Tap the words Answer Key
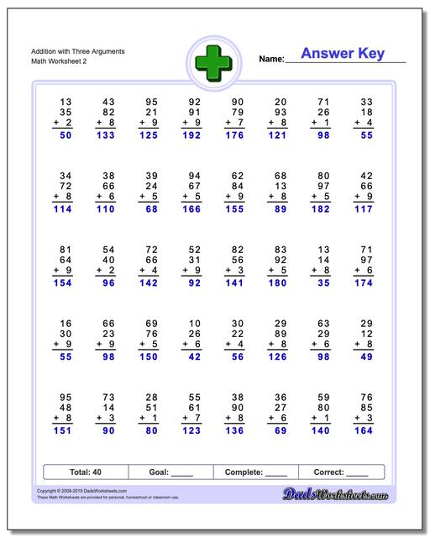pos(342,54)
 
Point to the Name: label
pos(271,59)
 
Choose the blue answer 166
pos(191,209)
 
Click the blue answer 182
pos(322,209)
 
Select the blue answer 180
pos(278,284)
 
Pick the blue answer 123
pos(191,431)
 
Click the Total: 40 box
pos(86,472)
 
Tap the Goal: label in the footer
pos(157,472)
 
